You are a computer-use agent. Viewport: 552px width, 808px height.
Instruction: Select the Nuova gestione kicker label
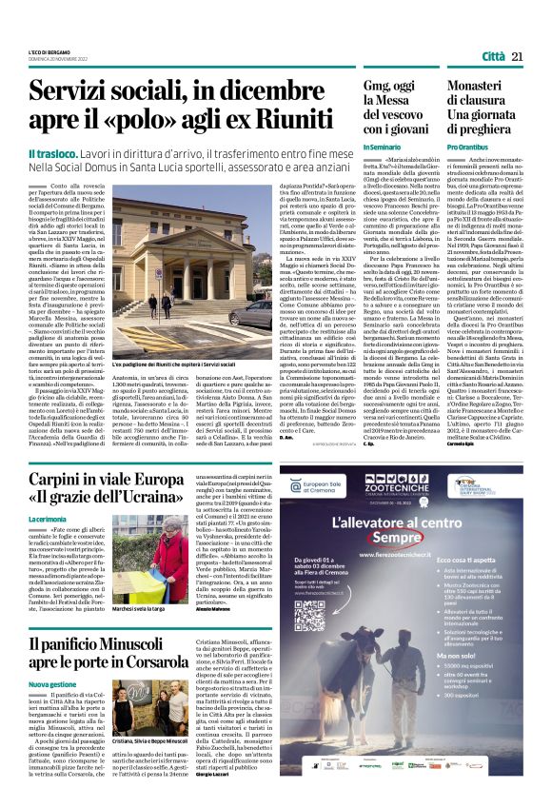pyautogui.click(x=51, y=684)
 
